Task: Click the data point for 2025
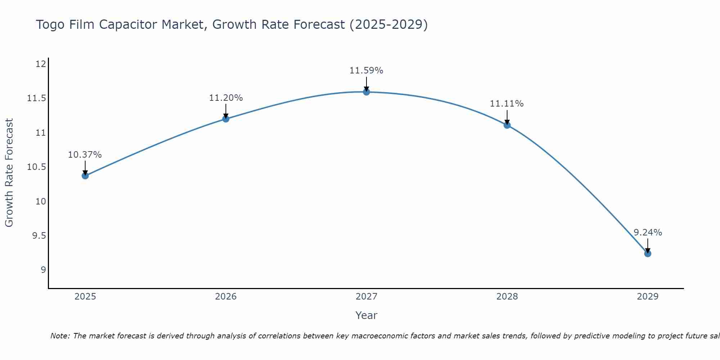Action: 85,176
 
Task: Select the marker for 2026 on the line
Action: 226,119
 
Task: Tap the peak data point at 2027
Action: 366,92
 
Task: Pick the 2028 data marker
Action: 507,125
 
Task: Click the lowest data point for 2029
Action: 648,253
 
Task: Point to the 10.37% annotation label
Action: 85,155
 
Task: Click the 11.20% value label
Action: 226,98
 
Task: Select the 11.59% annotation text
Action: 366,71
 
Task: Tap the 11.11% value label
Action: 507,104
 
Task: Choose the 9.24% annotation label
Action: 648,233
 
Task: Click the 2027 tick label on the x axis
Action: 366,297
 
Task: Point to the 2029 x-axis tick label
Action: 648,297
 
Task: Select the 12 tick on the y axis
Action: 41,64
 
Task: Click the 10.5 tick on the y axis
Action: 37,167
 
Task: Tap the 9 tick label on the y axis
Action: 44,270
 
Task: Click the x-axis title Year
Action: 366,315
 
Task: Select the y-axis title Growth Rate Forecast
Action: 9,173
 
